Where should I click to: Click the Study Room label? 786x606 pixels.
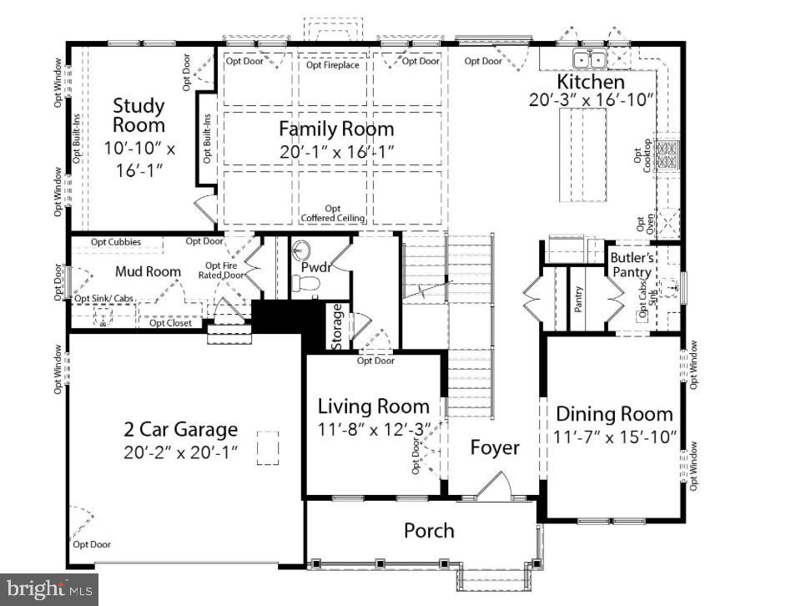(139, 116)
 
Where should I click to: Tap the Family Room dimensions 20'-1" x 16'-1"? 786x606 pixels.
(336, 151)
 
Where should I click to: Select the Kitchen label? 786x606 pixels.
(591, 82)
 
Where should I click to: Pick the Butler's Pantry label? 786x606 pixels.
(636, 265)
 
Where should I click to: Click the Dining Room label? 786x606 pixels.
(614, 414)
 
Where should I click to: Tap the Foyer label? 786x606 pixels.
(494, 447)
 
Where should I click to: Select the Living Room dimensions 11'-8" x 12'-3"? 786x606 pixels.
(374, 429)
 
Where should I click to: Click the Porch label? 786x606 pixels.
(429, 530)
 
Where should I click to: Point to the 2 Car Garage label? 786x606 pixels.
(180, 430)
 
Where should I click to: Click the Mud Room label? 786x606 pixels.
(147, 271)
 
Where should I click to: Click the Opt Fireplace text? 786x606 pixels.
(332, 64)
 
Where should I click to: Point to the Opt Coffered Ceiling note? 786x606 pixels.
(333, 214)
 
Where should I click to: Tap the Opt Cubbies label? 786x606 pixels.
(115, 242)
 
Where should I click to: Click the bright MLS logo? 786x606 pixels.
(48, 588)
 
